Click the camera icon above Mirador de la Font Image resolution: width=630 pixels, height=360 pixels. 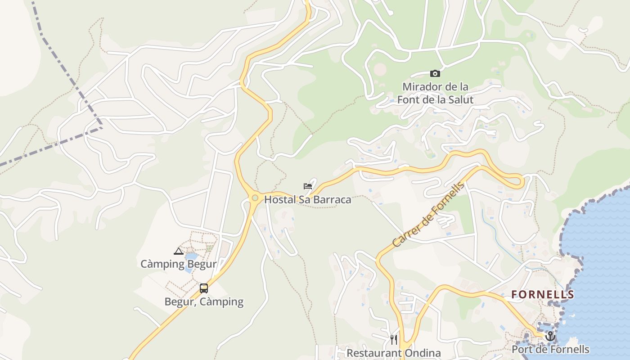pyautogui.click(x=435, y=73)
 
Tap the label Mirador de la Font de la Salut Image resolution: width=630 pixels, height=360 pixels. pyautogui.click(x=435, y=93)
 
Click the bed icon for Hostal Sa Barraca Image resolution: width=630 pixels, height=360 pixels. pyautogui.click(x=308, y=186)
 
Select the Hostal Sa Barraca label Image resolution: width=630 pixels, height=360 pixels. pyautogui.click(x=307, y=199)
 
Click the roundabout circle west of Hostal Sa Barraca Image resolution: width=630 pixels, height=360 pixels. pyautogui.click(x=255, y=198)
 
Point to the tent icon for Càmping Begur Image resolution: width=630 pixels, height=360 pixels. pyautogui.click(x=178, y=252)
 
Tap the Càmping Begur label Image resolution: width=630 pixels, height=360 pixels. pyautogui.click(x=178, y=264)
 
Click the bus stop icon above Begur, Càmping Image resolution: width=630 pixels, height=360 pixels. pyautogui.click(x=204, y=288)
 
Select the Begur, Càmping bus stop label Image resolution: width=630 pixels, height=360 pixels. pyautogui.click(x=204, y=301)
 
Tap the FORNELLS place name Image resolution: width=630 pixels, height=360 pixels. pyautogui.click(x=543, y=295)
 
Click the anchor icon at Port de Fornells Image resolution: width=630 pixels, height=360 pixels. pyautogui.click(x=550, y=336)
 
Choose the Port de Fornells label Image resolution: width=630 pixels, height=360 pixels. pyautogui.click(x=550, y=349)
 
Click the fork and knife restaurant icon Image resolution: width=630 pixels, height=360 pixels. pyautogui.click(x=394, y=339)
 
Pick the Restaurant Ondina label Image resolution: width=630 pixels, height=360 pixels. pyautogui.click(x=393, y=353)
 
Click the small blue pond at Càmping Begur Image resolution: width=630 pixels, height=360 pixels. pyautogui.click(x=191, y=257)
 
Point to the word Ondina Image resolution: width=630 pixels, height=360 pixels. pyautogui.click(x=420, y=353)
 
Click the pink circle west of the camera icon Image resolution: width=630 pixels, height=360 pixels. pyautogui.click(x=380, y=69)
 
